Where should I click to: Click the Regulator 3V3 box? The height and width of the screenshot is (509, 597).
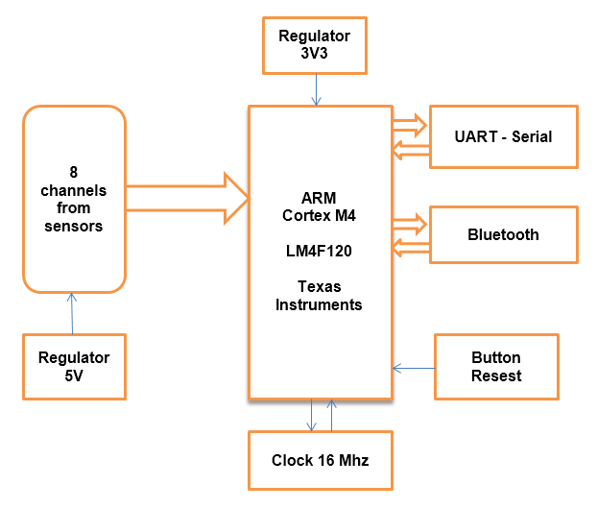[x=315, y=45]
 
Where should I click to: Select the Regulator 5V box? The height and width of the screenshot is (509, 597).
[x=74, y=367]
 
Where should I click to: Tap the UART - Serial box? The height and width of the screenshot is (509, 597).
[x=504, y=136]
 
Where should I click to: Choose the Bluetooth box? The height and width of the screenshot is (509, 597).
[x=504, y=234]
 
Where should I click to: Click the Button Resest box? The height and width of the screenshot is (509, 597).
[x=496, y=367]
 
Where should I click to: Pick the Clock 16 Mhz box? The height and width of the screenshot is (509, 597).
[x=321, y=460]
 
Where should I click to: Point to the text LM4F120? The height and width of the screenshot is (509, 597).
[x=319, y=251]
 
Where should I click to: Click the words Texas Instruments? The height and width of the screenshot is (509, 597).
[x=319, y=296]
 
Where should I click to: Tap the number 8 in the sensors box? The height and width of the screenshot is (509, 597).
[x=74, y=172]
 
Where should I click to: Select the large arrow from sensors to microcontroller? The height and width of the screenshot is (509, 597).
[x=187, y=198]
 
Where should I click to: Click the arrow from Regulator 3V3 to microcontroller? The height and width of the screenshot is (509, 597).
[x=316, y=89]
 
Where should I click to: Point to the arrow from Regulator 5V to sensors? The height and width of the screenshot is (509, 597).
[x=72, y=313]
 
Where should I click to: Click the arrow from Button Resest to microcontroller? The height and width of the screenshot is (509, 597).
[x=414, y=368]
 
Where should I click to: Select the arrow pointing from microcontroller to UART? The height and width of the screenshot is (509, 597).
[x=410, y=125]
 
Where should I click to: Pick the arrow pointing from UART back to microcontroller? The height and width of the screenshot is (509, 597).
[x=411, y=150]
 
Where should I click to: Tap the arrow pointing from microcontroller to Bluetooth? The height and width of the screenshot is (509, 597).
[x=410, y=224]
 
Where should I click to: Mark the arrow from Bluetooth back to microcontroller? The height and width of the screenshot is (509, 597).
[x=411, y=248]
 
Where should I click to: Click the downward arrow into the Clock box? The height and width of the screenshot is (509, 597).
[x=311, y=415]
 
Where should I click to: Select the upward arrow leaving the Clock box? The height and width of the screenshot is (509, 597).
[x=332, y=415]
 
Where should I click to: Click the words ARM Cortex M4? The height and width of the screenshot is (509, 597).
[x=319, y=206]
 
